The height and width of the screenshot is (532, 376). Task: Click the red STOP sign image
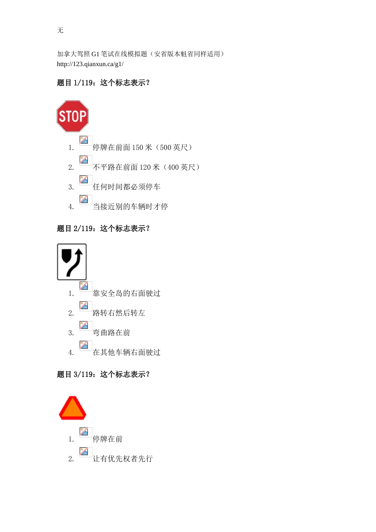(72, 116)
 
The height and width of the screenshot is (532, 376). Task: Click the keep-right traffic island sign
(72, 262)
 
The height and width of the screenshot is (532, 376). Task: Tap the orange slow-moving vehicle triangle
(72, 408)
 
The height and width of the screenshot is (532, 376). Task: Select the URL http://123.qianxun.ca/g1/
(90, 64)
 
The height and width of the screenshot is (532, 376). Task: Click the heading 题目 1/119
(103, 83)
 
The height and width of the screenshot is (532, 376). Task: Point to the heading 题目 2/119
(103, 228)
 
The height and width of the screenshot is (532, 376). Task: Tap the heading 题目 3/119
(103, 374)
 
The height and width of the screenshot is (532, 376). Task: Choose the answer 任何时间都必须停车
(126, 187)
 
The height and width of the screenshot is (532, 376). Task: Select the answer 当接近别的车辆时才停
(130, 207)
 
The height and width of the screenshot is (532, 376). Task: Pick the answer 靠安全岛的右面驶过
(126, 293)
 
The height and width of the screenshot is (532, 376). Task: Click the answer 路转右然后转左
(119, 313)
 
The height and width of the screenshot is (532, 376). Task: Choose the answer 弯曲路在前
(111, 332)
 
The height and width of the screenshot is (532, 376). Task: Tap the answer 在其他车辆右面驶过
(126, 352)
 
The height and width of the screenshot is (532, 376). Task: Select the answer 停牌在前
(107, 439)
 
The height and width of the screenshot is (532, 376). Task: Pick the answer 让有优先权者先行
(122, 459)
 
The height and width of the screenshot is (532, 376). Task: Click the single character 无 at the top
(60, 30)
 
